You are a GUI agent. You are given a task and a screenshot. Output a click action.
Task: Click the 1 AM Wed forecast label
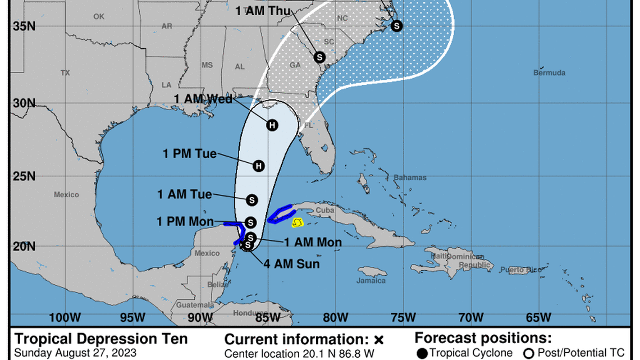coord(203,99)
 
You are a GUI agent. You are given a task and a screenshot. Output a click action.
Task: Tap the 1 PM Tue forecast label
coord(189,153)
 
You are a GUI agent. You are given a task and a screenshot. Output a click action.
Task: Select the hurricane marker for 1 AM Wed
coord(272,125)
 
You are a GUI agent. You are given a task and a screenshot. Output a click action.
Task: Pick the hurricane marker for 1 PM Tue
coord(258,166)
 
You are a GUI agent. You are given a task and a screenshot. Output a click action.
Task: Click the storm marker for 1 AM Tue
coord(252,199)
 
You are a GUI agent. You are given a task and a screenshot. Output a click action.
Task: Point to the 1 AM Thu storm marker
coord(319,57)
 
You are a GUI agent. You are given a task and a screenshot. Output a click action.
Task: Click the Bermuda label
coord(549,73)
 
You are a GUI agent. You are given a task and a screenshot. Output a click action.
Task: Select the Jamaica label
coord(372,280)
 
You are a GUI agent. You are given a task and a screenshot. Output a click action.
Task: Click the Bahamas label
coord(410,177)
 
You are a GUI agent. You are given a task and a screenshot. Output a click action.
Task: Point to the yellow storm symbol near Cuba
coord(298,223)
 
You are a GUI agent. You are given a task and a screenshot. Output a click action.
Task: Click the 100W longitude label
coord(65,317)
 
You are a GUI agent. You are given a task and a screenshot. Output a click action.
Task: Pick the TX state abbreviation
coord(65,73)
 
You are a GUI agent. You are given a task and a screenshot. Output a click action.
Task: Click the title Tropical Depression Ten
coord(101,339)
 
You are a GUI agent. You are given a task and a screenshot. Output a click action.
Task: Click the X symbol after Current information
coord(378,340)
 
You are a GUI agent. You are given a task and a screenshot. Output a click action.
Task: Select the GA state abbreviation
coord(295,65)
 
